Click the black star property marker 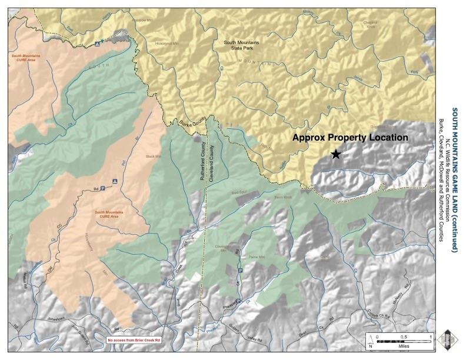point(335,154)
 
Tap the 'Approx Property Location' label point(351,138)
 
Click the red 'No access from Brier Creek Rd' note point(134,340)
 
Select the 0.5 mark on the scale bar point(404,336)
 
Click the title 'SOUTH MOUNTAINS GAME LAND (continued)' point(454,179)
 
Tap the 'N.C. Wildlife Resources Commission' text point(447,179)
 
